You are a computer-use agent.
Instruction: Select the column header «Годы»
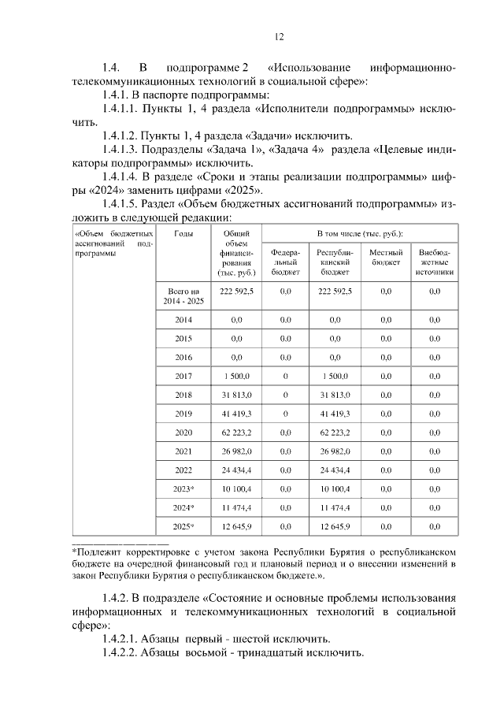pyautogui.click(x=183, y=234)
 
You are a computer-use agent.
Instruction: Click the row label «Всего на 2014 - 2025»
pyautogui.click(x=184, y=296)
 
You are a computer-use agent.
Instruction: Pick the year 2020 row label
pyautogui.click(x=183, y=433)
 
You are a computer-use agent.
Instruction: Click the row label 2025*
pyautogui.click(x=183, y=525)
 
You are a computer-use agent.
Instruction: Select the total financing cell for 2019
pyautogui.click(x=236, y=414)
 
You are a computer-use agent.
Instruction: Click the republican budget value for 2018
pyautogui.click(x=335, y=395)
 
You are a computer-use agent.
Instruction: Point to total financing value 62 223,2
pyautogui.click(x=236, y=433)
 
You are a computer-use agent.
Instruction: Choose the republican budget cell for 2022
pyautogui.click(x=335, y=470)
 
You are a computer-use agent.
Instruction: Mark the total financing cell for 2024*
pyautogui.click(x=236, y=507)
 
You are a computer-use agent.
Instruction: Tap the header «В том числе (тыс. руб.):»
pyautogui.click(x=359, y=234)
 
